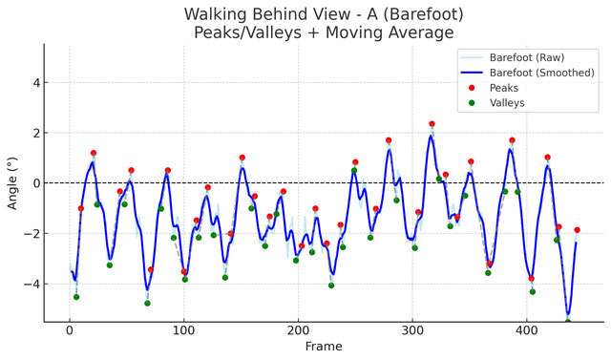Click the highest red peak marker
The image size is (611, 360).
[x=432, y=124]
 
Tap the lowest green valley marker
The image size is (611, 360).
[x=568, y=322]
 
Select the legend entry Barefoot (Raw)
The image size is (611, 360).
[x=527, y=57]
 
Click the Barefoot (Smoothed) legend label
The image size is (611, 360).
[x=542, y=73]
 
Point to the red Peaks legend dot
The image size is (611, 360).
[x=472, y=88]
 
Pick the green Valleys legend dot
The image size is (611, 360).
[x=472, y=103]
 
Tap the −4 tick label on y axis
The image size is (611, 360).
[x=31, y=284]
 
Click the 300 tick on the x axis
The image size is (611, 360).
[x=412, y=331]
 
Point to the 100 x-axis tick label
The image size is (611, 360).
[x=184, y=331]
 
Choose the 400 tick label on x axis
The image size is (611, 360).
[x=527, y=331]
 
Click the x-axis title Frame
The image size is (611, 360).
[x=324, y=347]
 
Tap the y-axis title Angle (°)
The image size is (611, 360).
[x=12, y=183]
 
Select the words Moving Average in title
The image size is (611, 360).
[x=390, y=32]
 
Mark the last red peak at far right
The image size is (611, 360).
[x=577, y=230]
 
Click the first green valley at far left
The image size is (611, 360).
[x=76, y=297]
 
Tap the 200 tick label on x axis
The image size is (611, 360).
[x=298, y=331]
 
